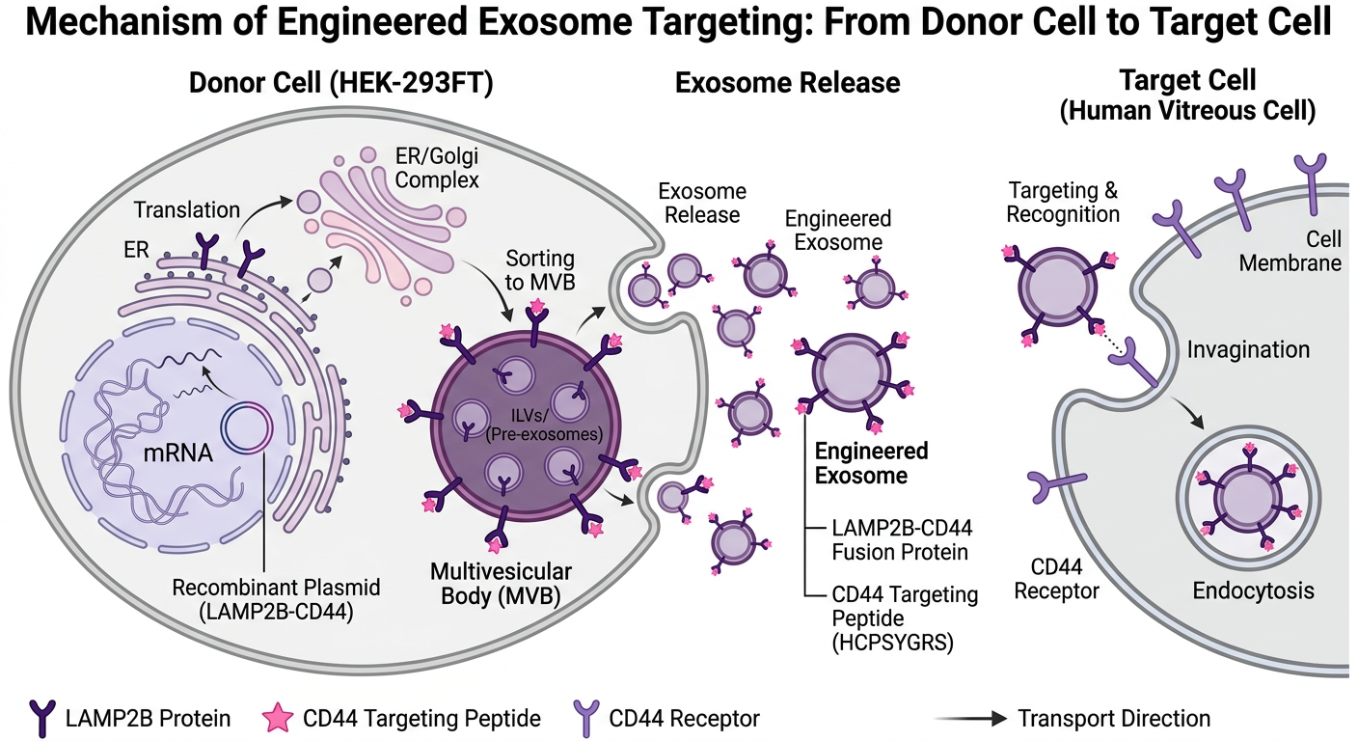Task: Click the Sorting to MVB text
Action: coord(540,271)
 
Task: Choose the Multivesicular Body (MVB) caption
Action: coord(501,582)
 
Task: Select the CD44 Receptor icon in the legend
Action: coord(585,718)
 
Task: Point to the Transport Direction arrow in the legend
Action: coord(969,719)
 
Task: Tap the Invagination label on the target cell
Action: coord(1248,349)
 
